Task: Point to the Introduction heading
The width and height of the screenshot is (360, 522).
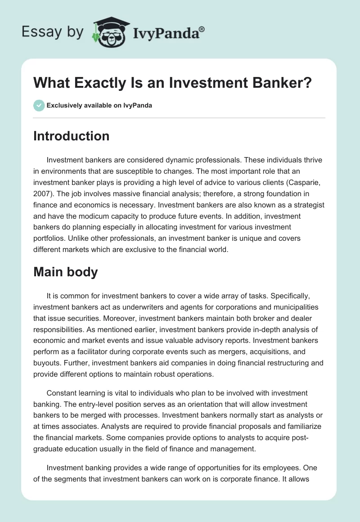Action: tap(71, 136)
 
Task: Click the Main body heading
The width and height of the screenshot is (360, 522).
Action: tap(65, 272)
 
